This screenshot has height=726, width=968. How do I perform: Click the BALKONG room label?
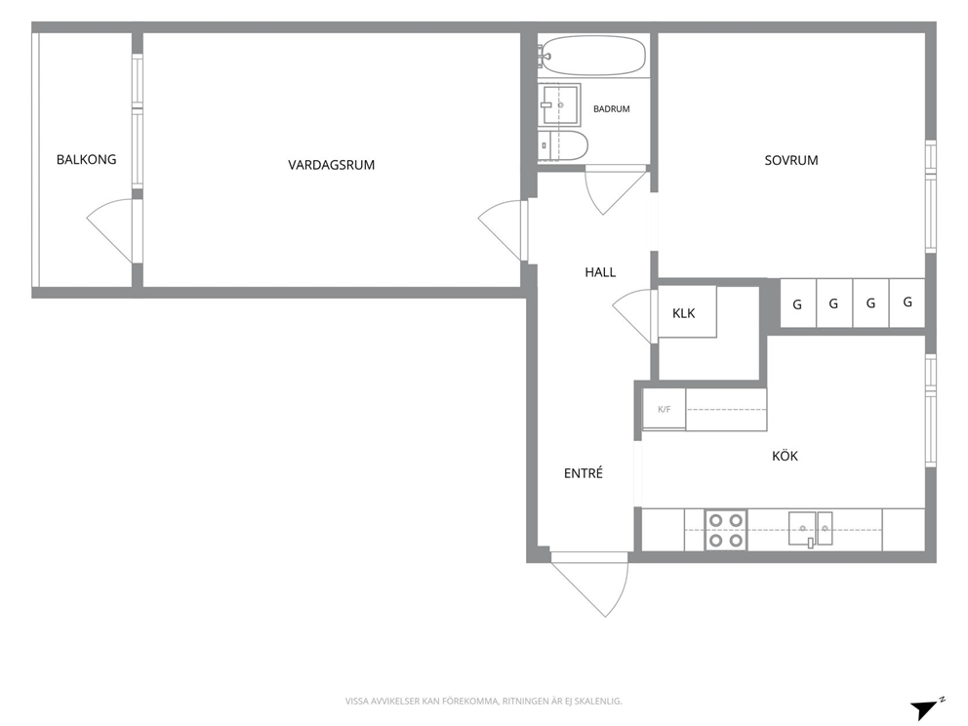pyautogui.click(x=87, y=159)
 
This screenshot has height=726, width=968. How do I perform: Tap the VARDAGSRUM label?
pyautogui.click(x=332, y=165)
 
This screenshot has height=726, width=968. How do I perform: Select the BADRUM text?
pyautogui.click(x=612, y=108)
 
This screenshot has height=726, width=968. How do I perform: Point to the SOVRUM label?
pyautogui.click(x=791, y=160)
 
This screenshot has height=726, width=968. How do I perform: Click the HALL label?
pyautogui.click(x=600, y=272)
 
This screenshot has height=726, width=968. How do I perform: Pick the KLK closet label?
pyautogui.click(x=683, y=313)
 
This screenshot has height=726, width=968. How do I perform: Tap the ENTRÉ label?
pyautogui.click(x=584, y=473)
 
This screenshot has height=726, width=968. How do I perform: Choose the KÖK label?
pyautogui.click(x=785, y=456)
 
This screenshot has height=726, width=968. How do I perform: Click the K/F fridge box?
pyautogui.click(x=665, y=409)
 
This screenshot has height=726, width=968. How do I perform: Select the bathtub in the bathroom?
pyautogui.click(x=592, y=56)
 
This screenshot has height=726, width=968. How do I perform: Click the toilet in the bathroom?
pyautogui.click(x=562, y=145)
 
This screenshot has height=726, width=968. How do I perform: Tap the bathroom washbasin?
pyautogui.click(x=559, y=105)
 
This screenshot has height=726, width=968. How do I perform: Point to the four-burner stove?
pyautogui.click(x=726, y=530)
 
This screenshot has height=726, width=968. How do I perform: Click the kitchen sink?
pyautogui.click(x=811, y=529)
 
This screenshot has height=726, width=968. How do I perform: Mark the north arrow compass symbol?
pyautogui.click(x=926, y=710)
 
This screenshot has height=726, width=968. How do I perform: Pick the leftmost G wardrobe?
pyautogui.click(x=798, y=303)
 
